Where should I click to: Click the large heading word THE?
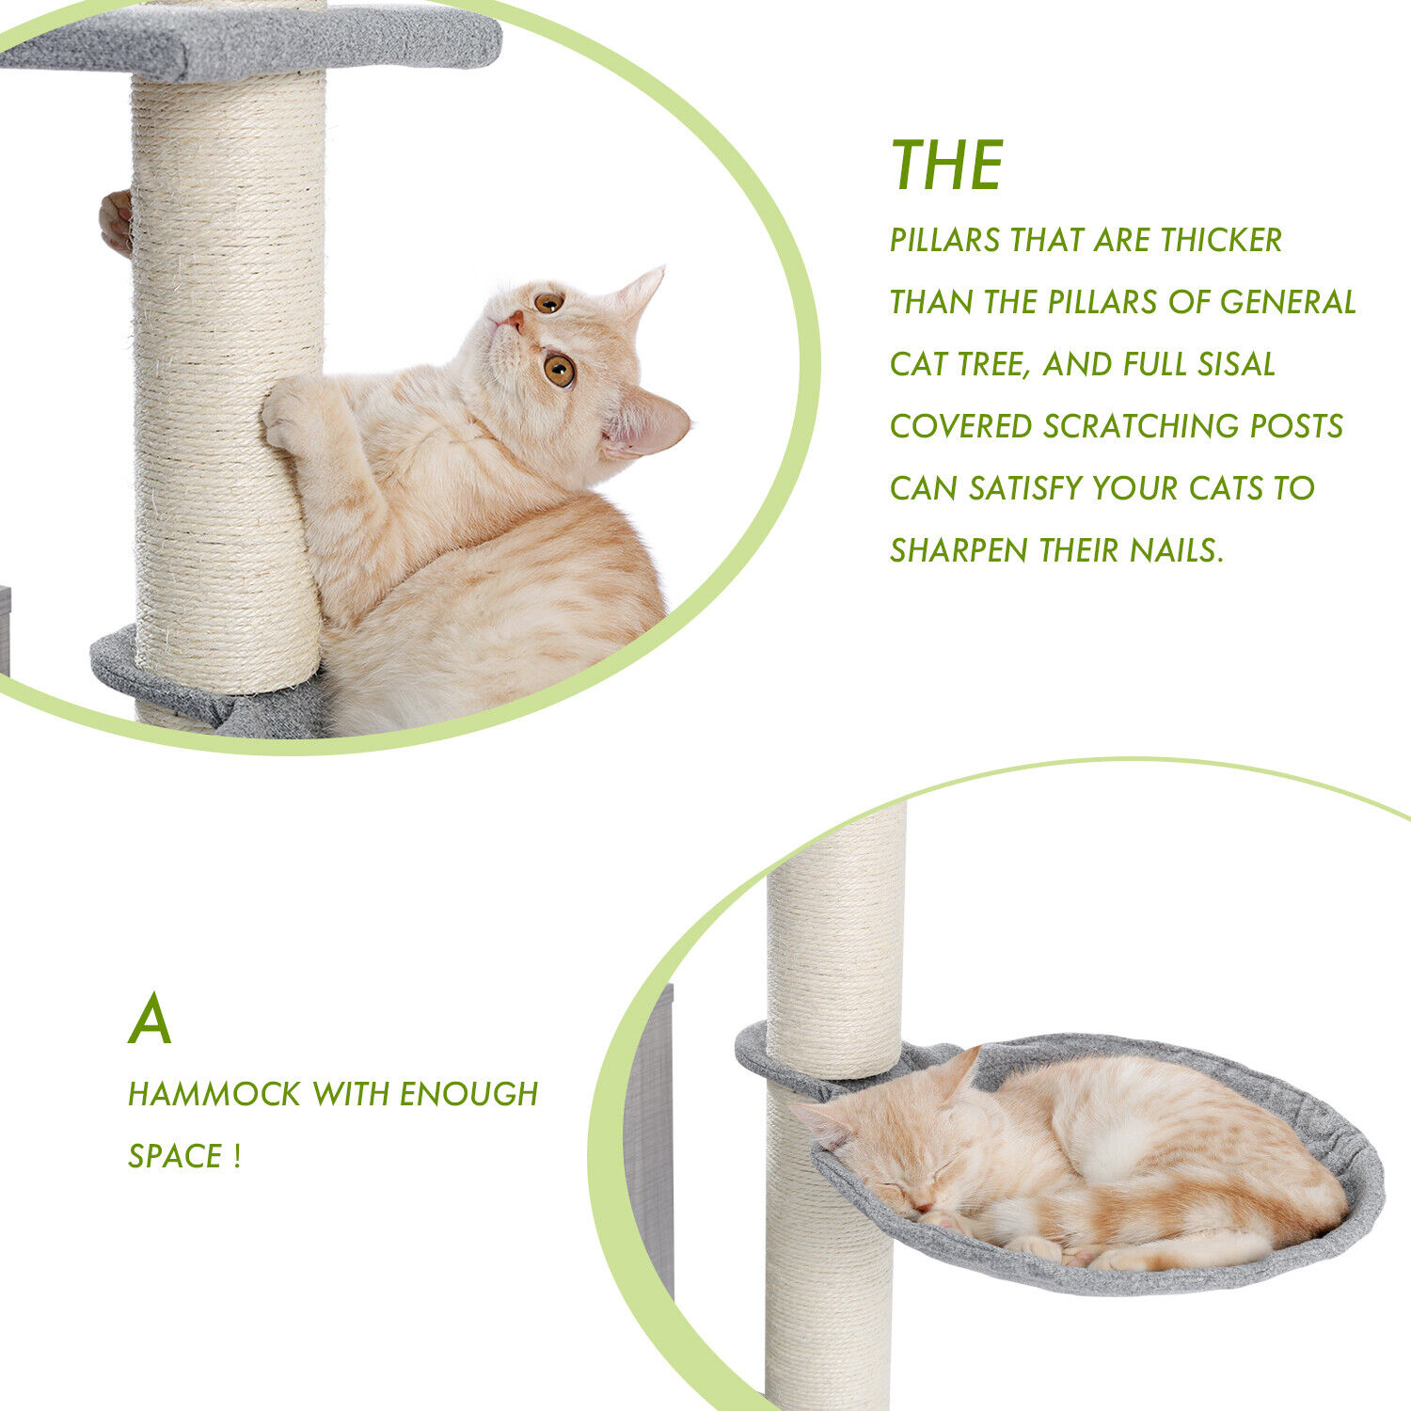[x=947, y=166]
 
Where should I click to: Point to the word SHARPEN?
[x=959, y=551]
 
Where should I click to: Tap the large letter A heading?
[x=150, y=1020]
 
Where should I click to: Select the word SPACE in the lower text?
[x=175, y=1156]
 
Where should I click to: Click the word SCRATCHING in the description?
[x=1141, y=427]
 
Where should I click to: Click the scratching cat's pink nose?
[x=515, y=321]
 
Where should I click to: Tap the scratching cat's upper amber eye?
[x=548, y=302]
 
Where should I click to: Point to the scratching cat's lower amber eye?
[x=560, y=370]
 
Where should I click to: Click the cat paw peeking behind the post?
[x=116, y=222]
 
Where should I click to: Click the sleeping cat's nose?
[x=924, y=1207]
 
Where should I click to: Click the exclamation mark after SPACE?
[x=237, y=1156]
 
